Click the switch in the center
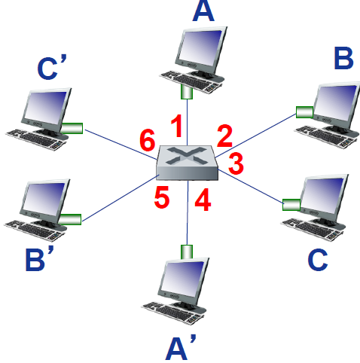pyautogui.click(x=188, y=163)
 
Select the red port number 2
pyautogui.click(x=224, y=136)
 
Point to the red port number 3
pyautogui.click(x=236, y=161)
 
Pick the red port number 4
pyautogui.click(x=201, y=201)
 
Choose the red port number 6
pyautogui.click(x=148, y=139)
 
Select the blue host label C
pyautogui.click(x=318, y=258)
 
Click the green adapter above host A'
pyautogui.click(x=185, y=251)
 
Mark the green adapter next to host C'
pyautogui.click(x=72, y=127)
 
